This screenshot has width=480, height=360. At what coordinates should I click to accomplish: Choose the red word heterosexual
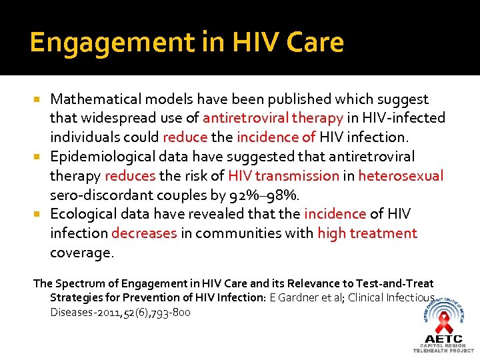[x=401, y=176]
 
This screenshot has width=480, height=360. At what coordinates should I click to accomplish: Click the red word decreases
[x=144, y=233]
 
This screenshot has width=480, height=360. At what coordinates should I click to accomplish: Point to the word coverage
[x=82, y=253]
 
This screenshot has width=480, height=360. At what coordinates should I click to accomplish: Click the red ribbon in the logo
[x=443, y=324]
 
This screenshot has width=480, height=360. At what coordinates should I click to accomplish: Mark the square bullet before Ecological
[x=41, y=214]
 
